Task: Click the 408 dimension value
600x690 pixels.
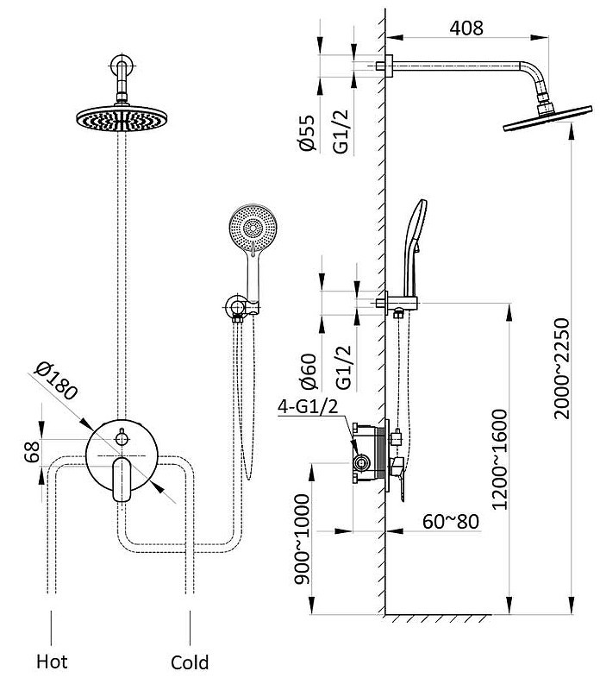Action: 466,28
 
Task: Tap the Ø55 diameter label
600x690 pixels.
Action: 308,133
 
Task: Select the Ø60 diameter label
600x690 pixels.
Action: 309,372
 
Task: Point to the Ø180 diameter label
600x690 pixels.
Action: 57,380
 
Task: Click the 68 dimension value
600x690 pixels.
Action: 32,452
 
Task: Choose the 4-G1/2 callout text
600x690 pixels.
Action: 308,406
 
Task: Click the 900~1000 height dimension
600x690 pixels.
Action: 303,538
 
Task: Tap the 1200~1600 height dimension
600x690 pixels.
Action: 499,460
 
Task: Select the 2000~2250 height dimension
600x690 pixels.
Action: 562,368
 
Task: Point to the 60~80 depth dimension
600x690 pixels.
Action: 451,522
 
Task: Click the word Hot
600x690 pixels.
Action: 52,662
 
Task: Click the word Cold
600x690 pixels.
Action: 190,662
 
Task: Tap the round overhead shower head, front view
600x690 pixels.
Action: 122,118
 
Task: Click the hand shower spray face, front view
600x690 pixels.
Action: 253,228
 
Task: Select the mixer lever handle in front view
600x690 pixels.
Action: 122,480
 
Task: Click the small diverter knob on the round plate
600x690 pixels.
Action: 122,438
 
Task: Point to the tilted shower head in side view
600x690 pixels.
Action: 547,118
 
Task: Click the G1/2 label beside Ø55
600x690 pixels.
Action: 341,132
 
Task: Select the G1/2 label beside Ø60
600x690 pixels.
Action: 344,367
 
